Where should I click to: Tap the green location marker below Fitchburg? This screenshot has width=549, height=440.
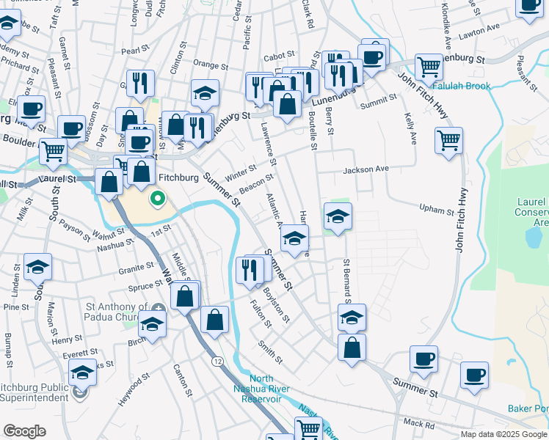(157, 199)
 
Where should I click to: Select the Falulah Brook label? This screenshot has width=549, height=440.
(462, 86)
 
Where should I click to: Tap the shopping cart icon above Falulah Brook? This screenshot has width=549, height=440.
(429, 67)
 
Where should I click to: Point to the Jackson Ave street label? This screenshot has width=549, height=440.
(366, 169)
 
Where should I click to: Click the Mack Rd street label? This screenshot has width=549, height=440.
(419, 424)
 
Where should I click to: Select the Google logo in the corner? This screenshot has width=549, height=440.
(23, 431)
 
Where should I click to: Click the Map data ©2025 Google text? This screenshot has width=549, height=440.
(504, 434)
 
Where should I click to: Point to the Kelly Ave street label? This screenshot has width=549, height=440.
(411, 128)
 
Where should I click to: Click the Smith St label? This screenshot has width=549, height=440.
(270, 351)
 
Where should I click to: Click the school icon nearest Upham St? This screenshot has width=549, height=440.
(338, 217)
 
